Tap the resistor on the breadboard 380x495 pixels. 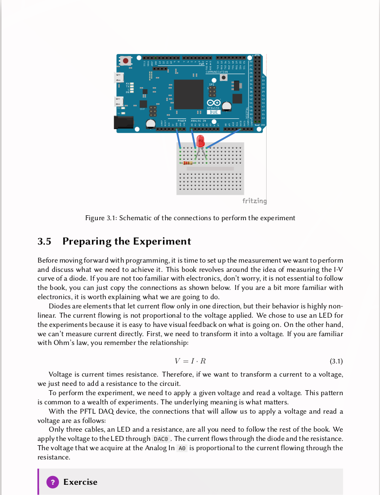pos(188,163)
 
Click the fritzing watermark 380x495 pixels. pos(254,201)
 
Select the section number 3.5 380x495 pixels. pos(45,241)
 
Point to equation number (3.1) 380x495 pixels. pos(336,361)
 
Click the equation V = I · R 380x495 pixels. pos(190,361)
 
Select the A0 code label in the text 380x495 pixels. pos(182,448)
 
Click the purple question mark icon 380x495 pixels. pos(52,482)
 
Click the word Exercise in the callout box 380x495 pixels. pos(80,482)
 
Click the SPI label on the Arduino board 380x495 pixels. pos(212,85)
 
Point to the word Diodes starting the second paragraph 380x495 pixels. pos(60,306)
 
